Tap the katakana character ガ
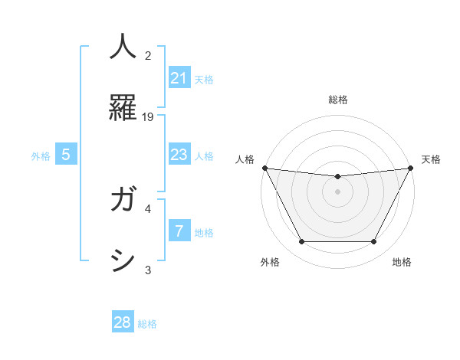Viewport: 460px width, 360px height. pyautogui.click(x=123, y=201)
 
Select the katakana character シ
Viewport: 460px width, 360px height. pyautogui.click(x=123, y=260)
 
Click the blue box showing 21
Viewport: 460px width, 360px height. pyautogui.click(x=179, y=78)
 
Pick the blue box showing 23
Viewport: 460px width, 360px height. pyautogui.click(x=179, y=155)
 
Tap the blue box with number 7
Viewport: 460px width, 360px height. pyautogui.click(x=179, y=231)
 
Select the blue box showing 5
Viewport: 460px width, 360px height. pyautogui.click(x=66, y=155)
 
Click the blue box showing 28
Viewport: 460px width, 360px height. pyautogui.click(x=123, y=322)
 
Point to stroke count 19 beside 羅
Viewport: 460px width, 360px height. pyautogui.click(x=148, y=116)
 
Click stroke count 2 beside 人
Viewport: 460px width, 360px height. pyautogui.click(x=148, y=55)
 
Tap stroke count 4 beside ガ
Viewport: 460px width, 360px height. pyautogui.click(x=148, y=208)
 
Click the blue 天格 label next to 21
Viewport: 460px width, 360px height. pyautogui.click(x=204, y=79)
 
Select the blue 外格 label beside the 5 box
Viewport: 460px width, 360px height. pyautogui.click(x=41, y=155)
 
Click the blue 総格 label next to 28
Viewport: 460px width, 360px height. pyautogui.click(x=147, y=323)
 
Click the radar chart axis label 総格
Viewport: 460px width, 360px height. pyautogui.click(x=337, y=100)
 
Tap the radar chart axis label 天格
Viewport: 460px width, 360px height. pyautogui.click(x=432, y=159)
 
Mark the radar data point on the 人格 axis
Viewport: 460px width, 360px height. pyautogui.click(x=264, y=168)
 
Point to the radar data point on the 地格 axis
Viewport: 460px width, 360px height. pyautogui.click(x=374, y=242)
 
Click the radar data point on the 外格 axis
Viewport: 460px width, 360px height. pyautogui.click(x=301, y=242)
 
